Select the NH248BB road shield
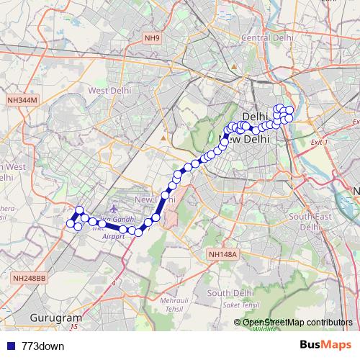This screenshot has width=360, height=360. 29,277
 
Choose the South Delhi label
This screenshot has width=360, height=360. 231,293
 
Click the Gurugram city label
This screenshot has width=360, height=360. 55,317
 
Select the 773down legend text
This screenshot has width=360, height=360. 43,346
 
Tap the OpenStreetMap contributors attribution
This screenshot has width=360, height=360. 297,322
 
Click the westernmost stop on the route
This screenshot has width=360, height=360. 71,224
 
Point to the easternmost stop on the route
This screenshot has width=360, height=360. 290,110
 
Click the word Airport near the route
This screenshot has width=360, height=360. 114,236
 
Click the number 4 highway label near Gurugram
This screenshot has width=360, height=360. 113,283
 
